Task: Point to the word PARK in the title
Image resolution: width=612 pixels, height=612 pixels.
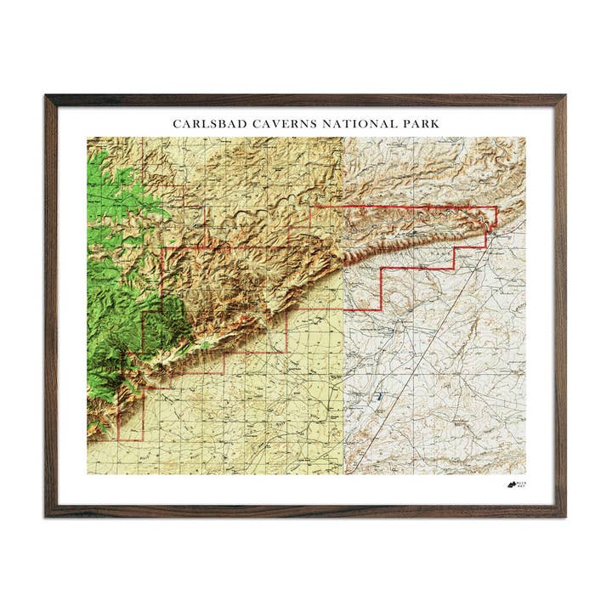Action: point(418,124)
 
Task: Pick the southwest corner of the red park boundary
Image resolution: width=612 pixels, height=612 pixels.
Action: point(118,439)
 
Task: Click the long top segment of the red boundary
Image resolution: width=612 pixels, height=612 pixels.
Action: point(399,207)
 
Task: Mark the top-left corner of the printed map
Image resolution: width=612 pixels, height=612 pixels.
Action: point(88,138)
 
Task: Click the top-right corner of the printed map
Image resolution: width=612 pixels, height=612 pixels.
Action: point(525,138)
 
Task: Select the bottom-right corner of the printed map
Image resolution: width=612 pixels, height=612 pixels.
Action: point(525,473)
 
